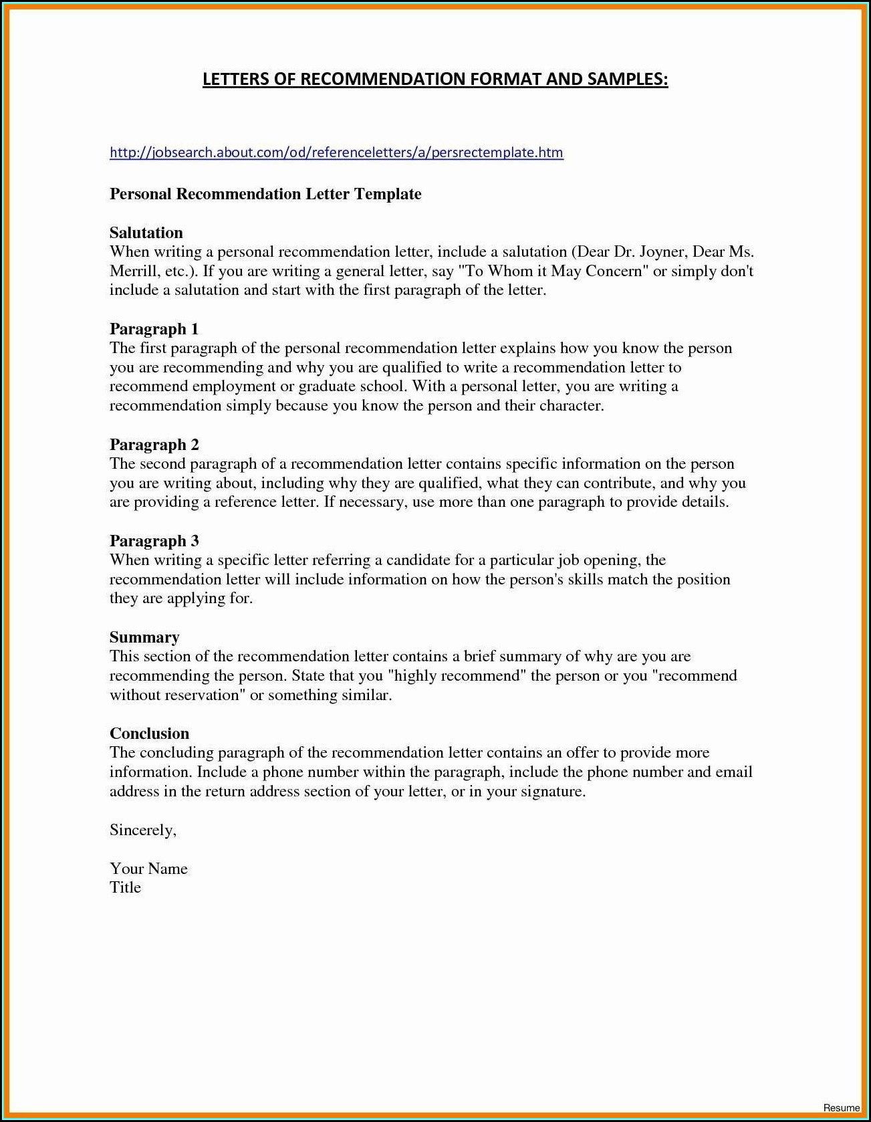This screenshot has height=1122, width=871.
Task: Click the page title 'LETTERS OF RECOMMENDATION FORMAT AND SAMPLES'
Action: [x=435, y=80]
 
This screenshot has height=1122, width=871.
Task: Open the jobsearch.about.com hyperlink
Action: [x=336, y=152]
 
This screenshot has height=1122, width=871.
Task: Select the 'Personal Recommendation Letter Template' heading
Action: [x=265, y=194]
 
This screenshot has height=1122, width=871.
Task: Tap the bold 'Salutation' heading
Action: [x=146, y=233]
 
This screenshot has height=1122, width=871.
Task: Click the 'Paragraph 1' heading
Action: [x=154, y=329]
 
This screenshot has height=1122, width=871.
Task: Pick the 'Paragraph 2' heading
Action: [x=154, y=445]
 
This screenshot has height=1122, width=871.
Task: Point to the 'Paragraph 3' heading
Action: [x=154, y=541]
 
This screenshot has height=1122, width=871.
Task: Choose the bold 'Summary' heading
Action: [x=144, y=637]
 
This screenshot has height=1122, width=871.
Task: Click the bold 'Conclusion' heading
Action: [x=150, y=734]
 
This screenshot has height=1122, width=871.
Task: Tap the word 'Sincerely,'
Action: [x=143, y=830]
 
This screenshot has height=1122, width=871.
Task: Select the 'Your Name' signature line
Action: [x=148, y=869]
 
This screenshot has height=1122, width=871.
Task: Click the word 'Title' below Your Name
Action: [x=126, y=887]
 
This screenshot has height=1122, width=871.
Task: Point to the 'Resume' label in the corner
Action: [x=842, y=1108]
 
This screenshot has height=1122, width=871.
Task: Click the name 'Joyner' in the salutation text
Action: [x=662, y=252]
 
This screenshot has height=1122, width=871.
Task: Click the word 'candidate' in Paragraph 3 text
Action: [x=418, y=560]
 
